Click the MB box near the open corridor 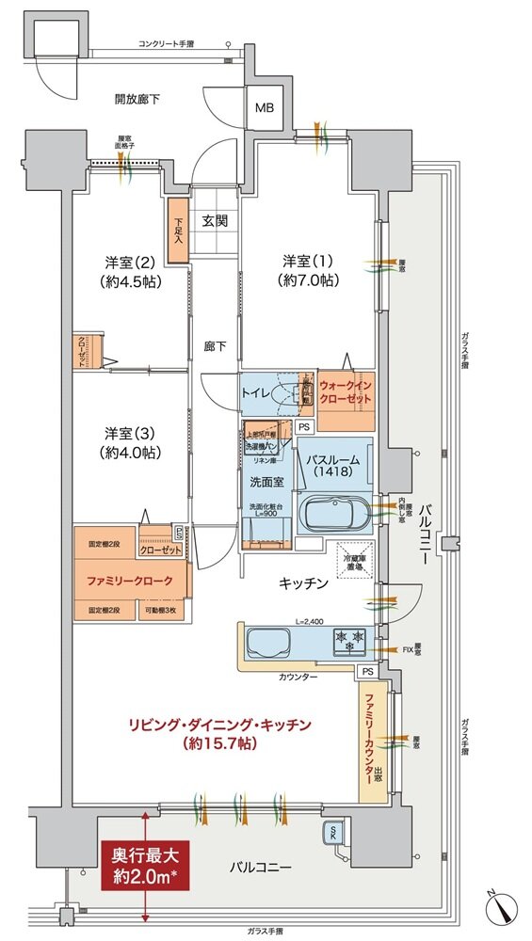263,108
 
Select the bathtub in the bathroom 334,515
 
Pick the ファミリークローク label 130,581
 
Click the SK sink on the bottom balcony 334,832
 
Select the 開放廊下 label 136,98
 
